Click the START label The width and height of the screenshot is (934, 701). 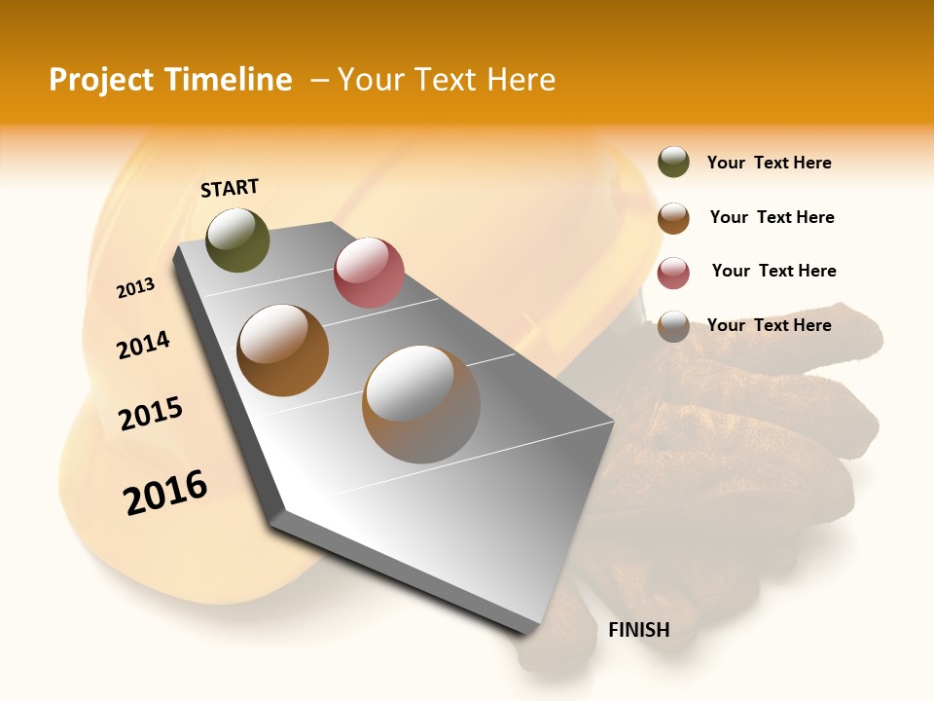pos(230,188)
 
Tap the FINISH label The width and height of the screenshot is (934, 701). pos(638,630)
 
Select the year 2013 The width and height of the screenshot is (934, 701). pos(135,288)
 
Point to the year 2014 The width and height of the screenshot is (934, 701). pos(143,345)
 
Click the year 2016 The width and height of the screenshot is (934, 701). pos(165,492)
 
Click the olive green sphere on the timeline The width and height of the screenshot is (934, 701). pos(237,240)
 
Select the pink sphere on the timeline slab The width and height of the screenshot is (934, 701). pos(369,273)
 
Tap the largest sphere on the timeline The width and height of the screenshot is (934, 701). pos(421,404)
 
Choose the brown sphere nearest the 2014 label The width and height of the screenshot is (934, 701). pos(282,350)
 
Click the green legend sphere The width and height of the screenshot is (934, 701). pos(673,163)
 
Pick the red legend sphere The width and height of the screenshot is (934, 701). pos(673,272)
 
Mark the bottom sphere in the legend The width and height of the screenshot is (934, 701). pos(673,325)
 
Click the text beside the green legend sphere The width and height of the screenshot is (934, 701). pos(769,163)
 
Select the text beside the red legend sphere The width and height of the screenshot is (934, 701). pos(773,271)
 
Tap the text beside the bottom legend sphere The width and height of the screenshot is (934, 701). pos(769,325)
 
